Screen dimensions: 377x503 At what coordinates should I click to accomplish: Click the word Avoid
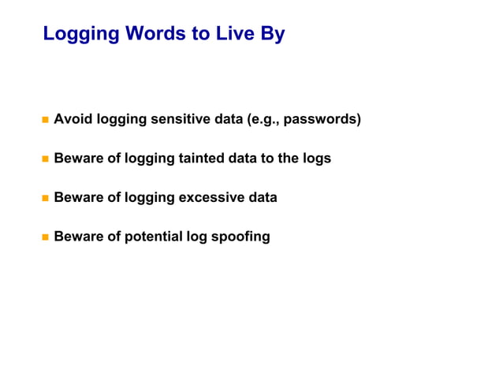[71, 120]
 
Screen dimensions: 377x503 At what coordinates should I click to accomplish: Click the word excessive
[209, 197]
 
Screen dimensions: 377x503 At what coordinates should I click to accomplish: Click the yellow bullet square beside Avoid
[45, 120]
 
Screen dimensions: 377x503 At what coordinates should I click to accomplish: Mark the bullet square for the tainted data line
[45, 159]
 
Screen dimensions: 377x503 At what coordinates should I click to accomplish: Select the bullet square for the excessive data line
[45, 197]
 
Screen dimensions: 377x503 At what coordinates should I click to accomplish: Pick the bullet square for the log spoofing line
[45, 236]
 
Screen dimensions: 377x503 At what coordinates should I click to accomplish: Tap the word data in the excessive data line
[262, 197]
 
